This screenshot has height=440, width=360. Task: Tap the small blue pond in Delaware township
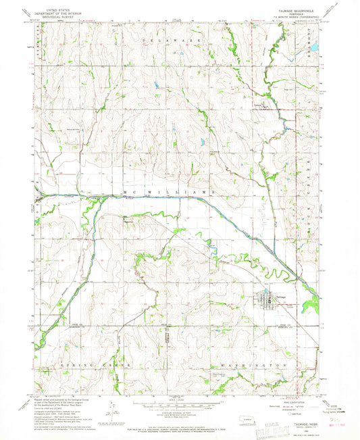(x=157, y=86)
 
